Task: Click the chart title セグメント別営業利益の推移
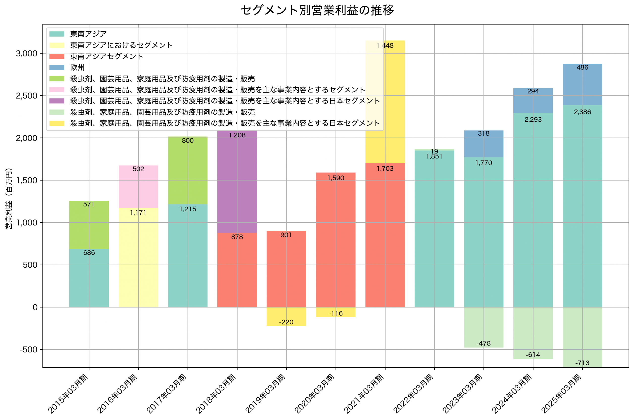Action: [x=317, y=10]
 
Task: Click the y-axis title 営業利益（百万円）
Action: [x=9, y=198]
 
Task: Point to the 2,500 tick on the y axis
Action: [x=26, y=96]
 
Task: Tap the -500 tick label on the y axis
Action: [x=28, y=349]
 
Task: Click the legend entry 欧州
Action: [x=77, y=68]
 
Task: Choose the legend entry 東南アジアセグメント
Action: [x=106, y=56]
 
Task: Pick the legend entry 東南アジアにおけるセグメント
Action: [x=121, y=45]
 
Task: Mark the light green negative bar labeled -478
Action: [x=483, y=327]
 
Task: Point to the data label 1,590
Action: [x=336, y=178]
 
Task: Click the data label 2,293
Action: [x=533, y=120]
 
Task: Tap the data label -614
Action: [x=533, y=355]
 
